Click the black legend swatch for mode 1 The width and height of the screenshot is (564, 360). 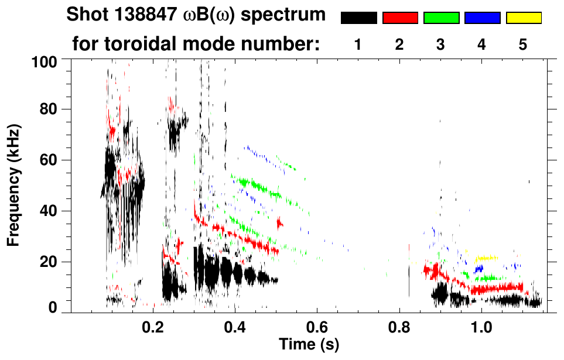358,18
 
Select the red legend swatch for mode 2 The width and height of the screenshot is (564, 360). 400,18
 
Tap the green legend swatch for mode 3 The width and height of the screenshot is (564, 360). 441,18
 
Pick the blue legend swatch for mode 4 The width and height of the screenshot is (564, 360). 482,18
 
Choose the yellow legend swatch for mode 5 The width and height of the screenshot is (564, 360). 523,18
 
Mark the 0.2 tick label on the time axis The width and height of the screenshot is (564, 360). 153,326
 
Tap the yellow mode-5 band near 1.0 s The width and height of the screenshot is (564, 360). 486,258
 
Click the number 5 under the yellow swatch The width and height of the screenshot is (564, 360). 523,44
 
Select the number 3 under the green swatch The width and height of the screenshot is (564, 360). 440,44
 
